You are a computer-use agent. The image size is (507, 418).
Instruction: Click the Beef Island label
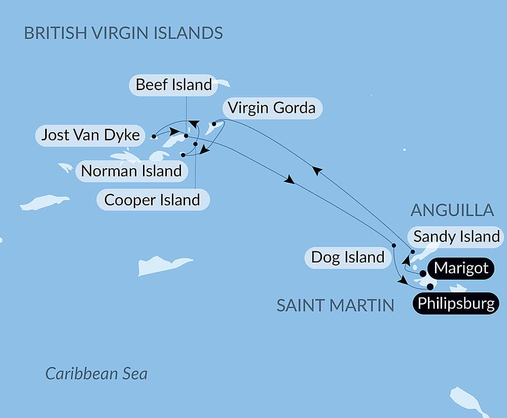click(173, 85)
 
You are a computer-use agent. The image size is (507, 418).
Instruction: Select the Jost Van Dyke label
click(90, 135)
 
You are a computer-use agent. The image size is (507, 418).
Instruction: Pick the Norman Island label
click(131, 171)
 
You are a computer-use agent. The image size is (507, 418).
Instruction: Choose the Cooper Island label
click(152, 200)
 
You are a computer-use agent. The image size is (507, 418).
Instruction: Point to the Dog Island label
click(348, 257)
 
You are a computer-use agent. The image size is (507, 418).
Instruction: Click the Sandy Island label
click(456, 236)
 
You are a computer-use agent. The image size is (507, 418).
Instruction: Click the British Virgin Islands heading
click(124, 33)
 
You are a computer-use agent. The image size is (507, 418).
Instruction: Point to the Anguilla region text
click(452, 210)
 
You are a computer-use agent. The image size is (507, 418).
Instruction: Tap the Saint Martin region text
click(335, 305)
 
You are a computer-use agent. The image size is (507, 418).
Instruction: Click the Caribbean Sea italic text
click(96, 374)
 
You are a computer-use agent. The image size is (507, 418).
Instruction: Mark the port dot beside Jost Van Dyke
click(154, 136)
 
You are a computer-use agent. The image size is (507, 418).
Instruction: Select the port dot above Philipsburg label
click(430, 287)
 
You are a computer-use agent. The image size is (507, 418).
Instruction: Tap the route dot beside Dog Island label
click(394, 246)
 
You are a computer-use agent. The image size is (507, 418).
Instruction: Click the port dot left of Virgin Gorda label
click(214, 124)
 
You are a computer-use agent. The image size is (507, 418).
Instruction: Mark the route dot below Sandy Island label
click(413, 252)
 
